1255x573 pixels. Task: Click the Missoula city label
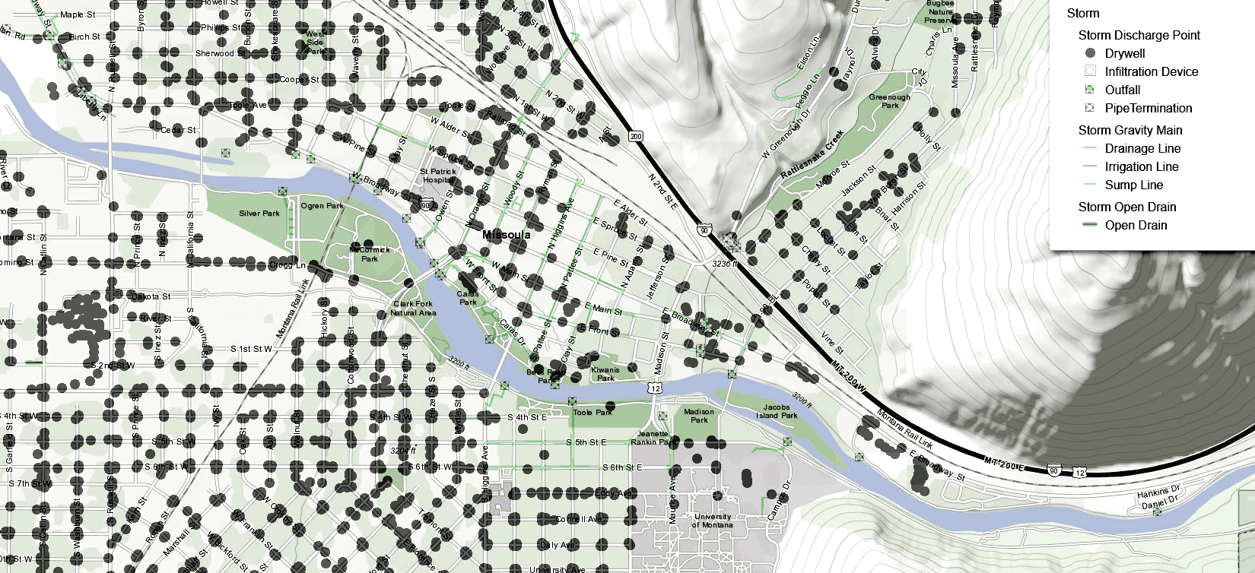coord(506,235)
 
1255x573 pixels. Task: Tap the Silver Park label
coord(259,214)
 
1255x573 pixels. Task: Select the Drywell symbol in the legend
coord(1090,53)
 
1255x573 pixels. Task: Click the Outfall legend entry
coord(1122,90)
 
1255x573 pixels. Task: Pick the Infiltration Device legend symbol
coord(1090,71)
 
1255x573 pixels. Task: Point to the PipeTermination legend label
coord(1148,108)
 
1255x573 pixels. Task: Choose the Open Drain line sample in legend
coord(1090,225)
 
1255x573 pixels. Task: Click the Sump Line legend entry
coord(1133,185)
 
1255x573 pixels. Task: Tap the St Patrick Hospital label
coord(437,176)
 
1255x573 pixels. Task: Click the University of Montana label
coord(713,521)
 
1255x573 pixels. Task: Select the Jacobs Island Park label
coord(777,411)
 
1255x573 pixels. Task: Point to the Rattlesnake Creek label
coord(812,155)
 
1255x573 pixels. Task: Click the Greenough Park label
coord(889,101)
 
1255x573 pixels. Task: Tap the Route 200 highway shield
coord(636,136)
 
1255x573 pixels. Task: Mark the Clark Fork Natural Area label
coord(413,308)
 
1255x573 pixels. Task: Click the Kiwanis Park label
coord(605,374)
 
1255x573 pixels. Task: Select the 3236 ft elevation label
coord(725,264)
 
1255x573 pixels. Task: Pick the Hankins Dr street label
coord(1158,492)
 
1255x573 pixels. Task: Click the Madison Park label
coord(698,416)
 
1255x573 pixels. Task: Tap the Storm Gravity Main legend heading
coord(1129,130)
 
